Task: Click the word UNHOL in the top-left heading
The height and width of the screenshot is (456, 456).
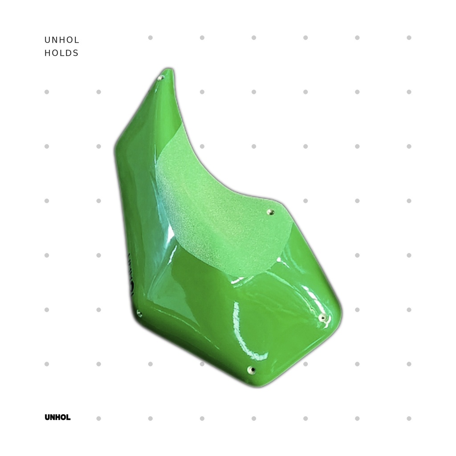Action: (61, 40)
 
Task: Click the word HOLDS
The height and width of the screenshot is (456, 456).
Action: (61, 53)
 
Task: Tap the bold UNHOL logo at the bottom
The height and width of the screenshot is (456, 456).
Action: (57, 417)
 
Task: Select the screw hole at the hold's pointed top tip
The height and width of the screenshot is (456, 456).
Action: (160, 77)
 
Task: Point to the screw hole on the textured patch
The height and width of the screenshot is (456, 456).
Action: (271, 212)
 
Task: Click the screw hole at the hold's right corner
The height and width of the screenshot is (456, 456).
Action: (322, 318)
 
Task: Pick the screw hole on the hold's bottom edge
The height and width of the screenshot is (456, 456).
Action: (251, 370)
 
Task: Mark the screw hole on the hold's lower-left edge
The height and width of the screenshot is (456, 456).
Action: (139, 313)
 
